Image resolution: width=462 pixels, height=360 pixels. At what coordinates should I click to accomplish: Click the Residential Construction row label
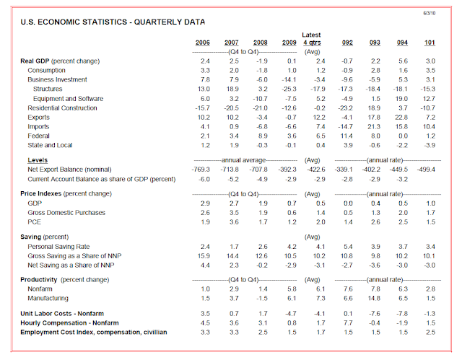62,108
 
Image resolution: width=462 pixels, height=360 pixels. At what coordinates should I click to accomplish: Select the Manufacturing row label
49,297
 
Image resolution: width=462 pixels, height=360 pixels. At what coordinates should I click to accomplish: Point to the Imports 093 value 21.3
375,127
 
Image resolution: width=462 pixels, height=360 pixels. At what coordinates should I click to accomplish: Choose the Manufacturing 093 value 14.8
375,297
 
